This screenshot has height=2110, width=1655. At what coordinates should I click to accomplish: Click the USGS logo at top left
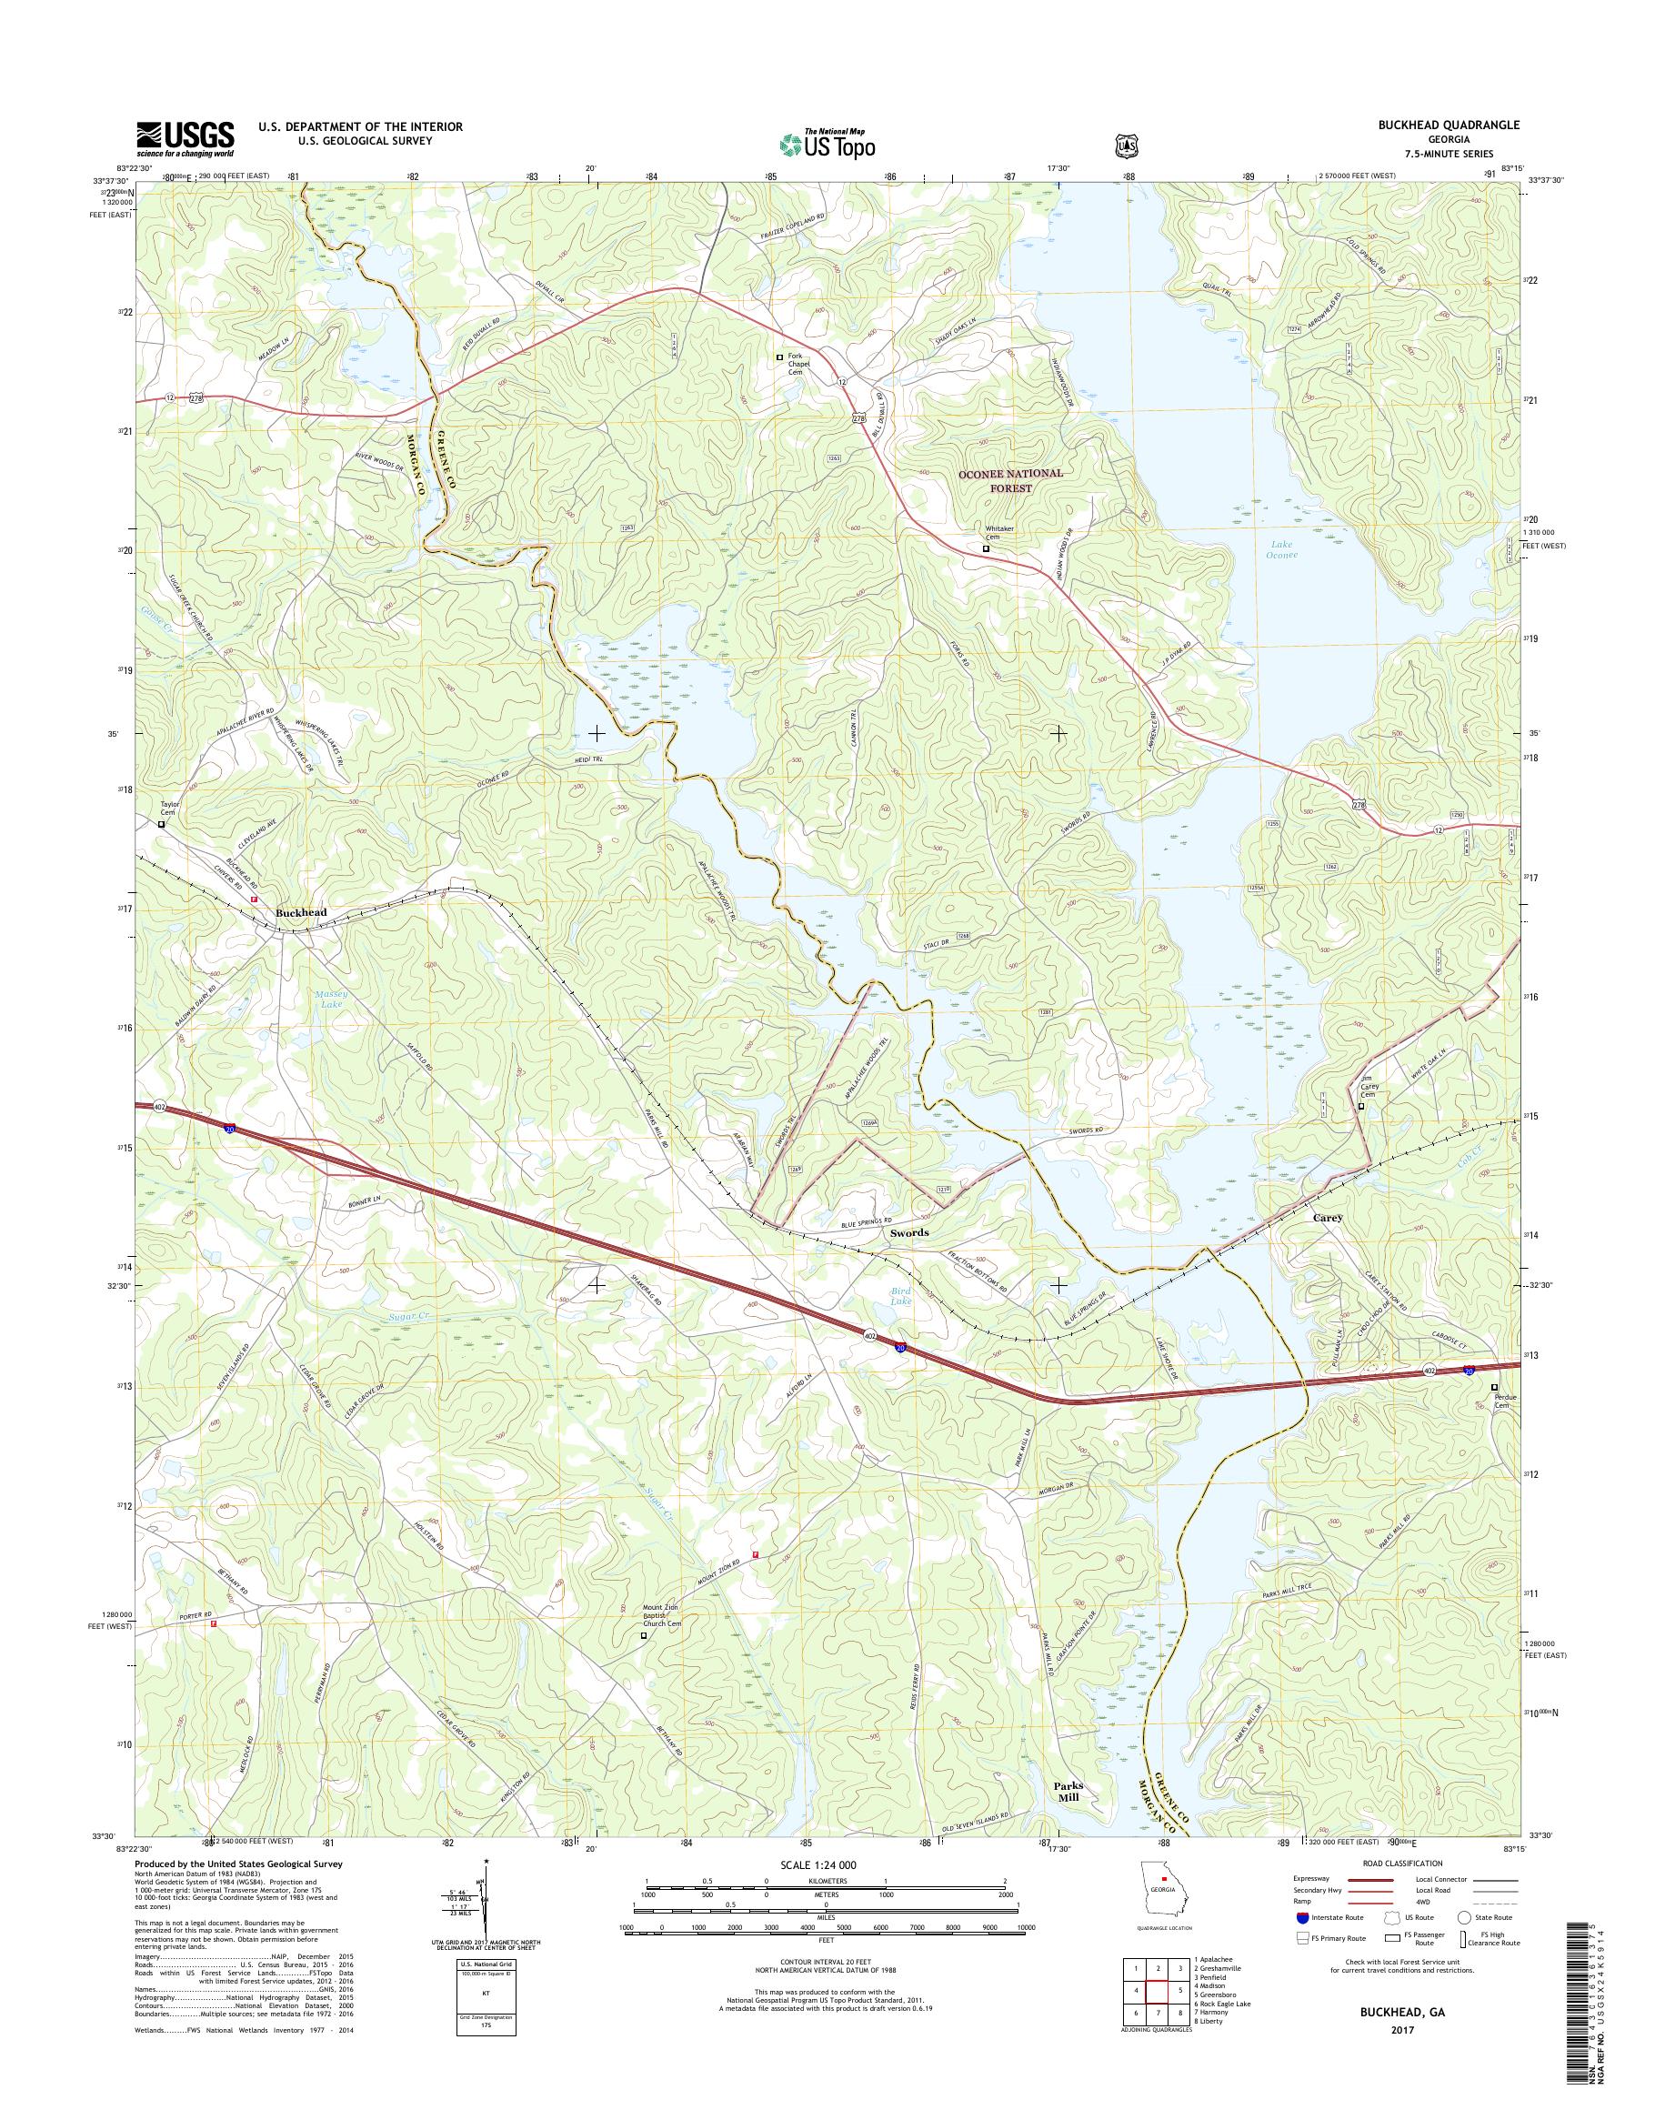pos(184,137)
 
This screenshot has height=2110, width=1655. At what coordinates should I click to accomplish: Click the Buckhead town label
pos(300,912)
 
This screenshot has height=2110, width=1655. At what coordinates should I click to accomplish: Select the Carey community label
pos(1328,1218)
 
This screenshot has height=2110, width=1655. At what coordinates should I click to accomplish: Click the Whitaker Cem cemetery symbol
pos(987,548)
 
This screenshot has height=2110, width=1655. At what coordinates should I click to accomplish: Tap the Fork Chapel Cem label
pos(796,364)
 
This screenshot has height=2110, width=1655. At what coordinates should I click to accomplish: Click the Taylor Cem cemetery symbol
pos(162,825)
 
